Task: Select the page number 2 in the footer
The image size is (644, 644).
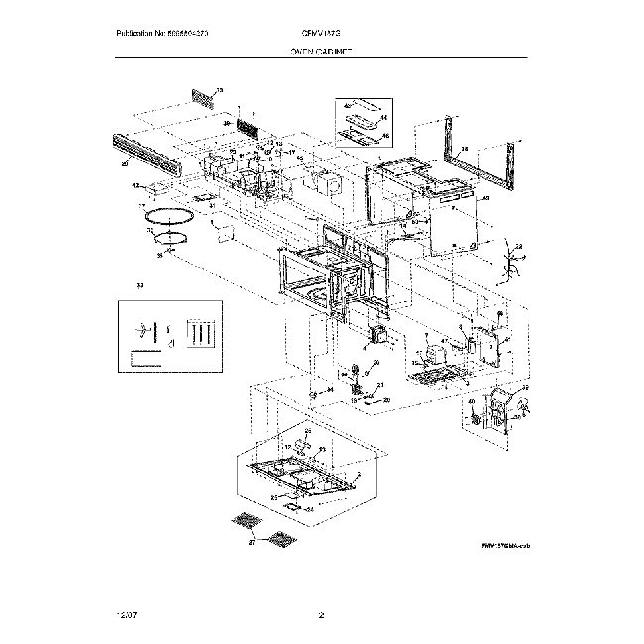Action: [x=322, y=616]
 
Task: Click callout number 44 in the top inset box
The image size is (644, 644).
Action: [x=384, y=117]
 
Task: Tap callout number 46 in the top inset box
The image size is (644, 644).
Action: [x=385, y=135]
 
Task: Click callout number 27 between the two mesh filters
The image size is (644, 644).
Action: [x=252, y=543]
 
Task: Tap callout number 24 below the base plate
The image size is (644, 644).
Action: [x=309, y=509]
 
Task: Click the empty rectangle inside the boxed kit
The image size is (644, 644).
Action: [x=147, y=357]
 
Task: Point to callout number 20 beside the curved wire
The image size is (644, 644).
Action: [x=387, y=399]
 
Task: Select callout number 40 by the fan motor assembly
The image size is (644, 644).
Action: [x=472, y=402]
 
